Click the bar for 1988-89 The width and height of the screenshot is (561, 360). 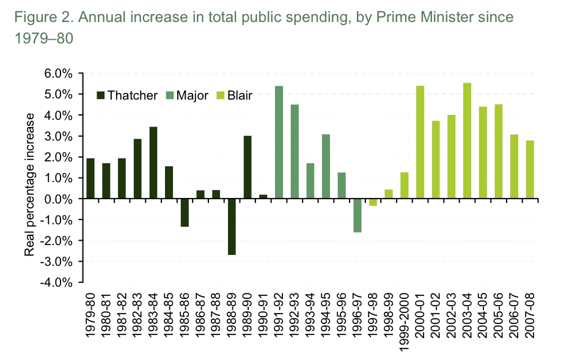pyautogui.click(x=232, y=227)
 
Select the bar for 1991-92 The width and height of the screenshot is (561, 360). pyautogui.click(x=279, y=142)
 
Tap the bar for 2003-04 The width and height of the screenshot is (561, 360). pyautogui.click(x=467, y=141)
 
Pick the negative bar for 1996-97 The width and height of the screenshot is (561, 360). pyautogui.click(x=357, y=216)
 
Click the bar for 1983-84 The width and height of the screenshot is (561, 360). pyautogui.click(x=153, y=163)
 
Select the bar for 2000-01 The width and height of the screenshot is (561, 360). pyautogui.click(x=420, y=142)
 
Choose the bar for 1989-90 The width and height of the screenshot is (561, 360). pyautogui.click(x=248, y=167)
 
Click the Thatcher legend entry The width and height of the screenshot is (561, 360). pyautogui.click(x=127, y=95)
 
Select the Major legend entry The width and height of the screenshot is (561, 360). pyautogui.click(x=188, y=95)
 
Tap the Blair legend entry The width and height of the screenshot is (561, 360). pyautogui.click(x=235, y=95)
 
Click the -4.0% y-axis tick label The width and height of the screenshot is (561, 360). pyautogui.click(x=58, y=283)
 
